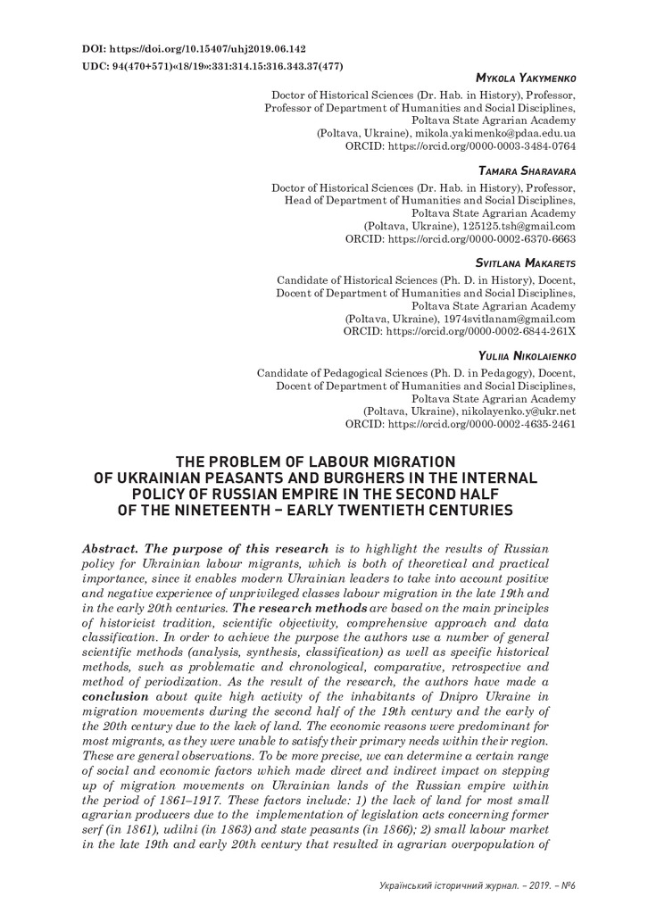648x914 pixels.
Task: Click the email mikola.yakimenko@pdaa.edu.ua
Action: coord(495,131)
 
